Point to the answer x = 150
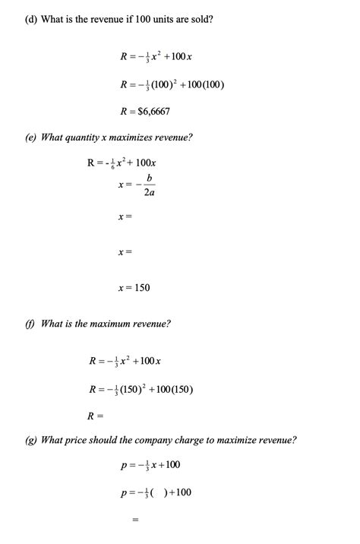134,288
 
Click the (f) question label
30,324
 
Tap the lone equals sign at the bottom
135,520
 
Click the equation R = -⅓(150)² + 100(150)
141,389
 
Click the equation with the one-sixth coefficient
122,163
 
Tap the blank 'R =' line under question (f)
95,416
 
